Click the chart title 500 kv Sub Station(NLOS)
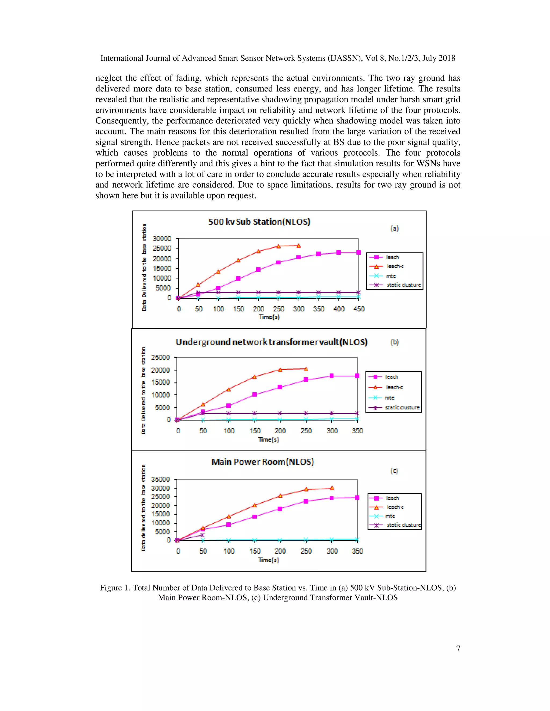pyautogui.click(x=259, y=222)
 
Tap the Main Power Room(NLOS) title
pyautogui.click(x=262, y=462)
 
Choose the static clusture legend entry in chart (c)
pyautogui.click(x=403, y=525)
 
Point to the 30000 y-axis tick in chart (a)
pyautogui.click(x=162, y=239)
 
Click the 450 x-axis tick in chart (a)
pyautogui.click(x=359, y=309)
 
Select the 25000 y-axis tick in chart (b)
pyautogui.click(x=161, y=357)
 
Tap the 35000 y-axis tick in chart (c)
pyautogui.click(x=161, y=479)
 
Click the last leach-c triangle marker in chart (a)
pyautogui.click(x=298, y=246)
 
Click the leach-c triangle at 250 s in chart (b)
pyautogui.click(x=306, y=369)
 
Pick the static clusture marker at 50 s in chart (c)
pyautogui.click(x=202, y=535)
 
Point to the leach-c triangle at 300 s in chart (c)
pyautogui.click(x=332, y=488)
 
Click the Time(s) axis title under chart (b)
pyautogui.click(x=268, y=439)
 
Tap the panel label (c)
pyautogui.click(x=394, y=471)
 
